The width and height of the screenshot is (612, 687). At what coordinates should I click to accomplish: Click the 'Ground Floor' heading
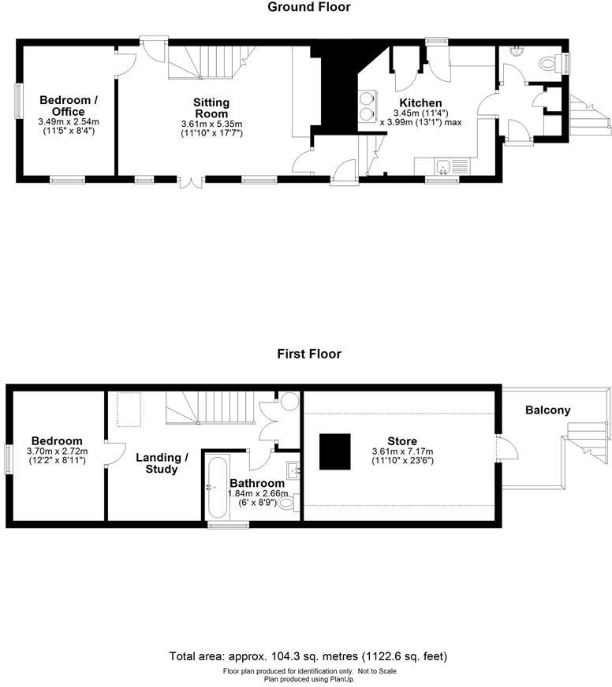[309, 7]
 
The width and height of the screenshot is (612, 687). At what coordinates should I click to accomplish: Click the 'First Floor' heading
[309, 354]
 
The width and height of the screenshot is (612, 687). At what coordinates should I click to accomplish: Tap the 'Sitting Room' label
[211, 108]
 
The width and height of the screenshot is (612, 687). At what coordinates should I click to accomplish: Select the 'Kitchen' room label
[420, 103]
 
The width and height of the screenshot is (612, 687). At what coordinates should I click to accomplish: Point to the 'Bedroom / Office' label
[69, 106]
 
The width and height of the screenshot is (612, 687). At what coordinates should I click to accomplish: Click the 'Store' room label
[402, 441]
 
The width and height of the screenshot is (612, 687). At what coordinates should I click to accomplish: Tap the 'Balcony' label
[547, 410]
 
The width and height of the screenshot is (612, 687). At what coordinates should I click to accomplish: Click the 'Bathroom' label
[257, 483]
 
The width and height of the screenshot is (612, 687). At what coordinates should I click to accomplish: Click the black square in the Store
[335, 450]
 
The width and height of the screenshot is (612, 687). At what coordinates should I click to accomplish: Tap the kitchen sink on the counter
[445, 165]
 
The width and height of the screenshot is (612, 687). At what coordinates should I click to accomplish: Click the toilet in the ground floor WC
[546, 63]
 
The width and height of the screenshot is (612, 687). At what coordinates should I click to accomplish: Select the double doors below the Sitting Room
[190, 184]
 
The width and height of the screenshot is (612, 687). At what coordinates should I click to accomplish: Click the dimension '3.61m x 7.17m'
[402, 451]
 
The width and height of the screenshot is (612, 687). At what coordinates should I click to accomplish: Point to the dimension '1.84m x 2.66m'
[257, 494]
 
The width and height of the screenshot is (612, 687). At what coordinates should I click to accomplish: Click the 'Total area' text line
[308, 656]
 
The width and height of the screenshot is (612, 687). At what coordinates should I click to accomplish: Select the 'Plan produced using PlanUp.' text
[308, 678]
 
